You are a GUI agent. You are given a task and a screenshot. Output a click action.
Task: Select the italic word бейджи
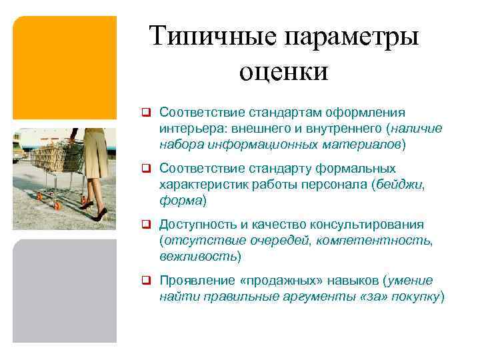[x=400, y=184]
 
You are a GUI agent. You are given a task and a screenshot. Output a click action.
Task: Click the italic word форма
[x=180, y=200]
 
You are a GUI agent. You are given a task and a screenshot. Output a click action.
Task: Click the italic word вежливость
[x=197, y=256]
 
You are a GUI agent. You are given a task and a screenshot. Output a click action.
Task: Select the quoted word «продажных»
[x=283, y=281]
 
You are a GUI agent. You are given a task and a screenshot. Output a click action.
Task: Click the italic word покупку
[x=415, y=296]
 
